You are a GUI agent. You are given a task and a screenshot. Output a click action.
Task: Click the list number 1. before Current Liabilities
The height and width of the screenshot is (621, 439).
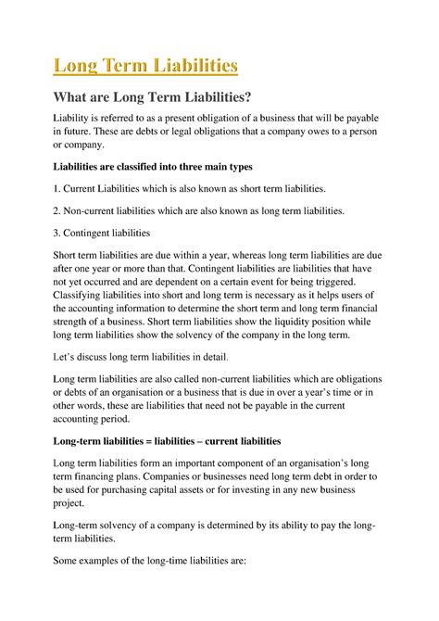point(58,189)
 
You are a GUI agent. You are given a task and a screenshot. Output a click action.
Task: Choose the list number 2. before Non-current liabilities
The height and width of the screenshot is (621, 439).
point(58,211)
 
